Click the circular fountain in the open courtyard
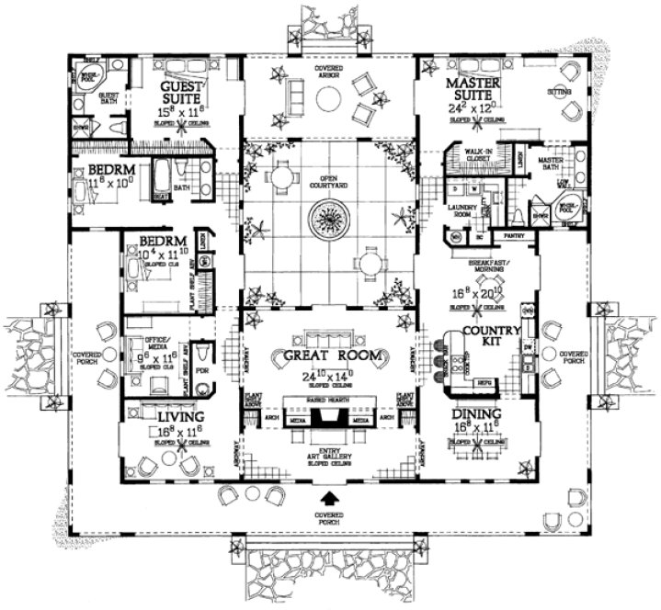pyautogui.click(x=327, y=221)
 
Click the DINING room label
pyautogui.click(x=474, y=415)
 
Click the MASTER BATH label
pyautogui.click(x=550, y=164)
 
